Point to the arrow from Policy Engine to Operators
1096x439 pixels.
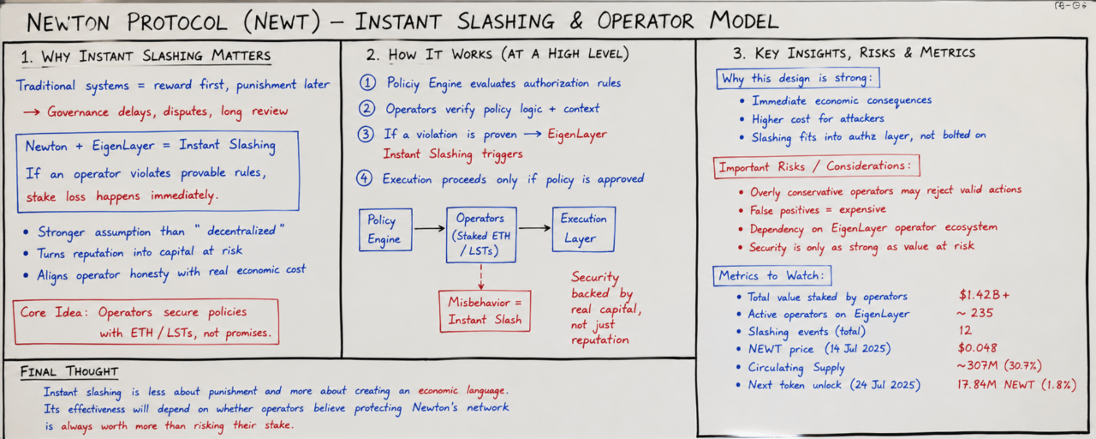pos(429,228)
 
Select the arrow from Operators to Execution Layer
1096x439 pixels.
pos(534,228)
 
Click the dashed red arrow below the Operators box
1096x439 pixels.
pos(481,277)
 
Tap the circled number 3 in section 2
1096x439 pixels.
pos(366,135)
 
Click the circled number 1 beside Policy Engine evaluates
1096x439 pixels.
pos(368,82)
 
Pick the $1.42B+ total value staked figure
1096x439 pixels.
pos(984,295)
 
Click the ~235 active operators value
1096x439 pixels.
pos(974,313)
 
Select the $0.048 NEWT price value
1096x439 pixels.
pos(977,348)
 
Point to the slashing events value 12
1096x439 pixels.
pos(965,330)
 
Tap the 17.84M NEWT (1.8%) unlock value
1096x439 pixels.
pos(1016,385)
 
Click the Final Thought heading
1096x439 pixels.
pos(69,372)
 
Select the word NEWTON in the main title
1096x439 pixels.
pos(68,22)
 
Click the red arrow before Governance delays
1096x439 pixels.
pos(32,112)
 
